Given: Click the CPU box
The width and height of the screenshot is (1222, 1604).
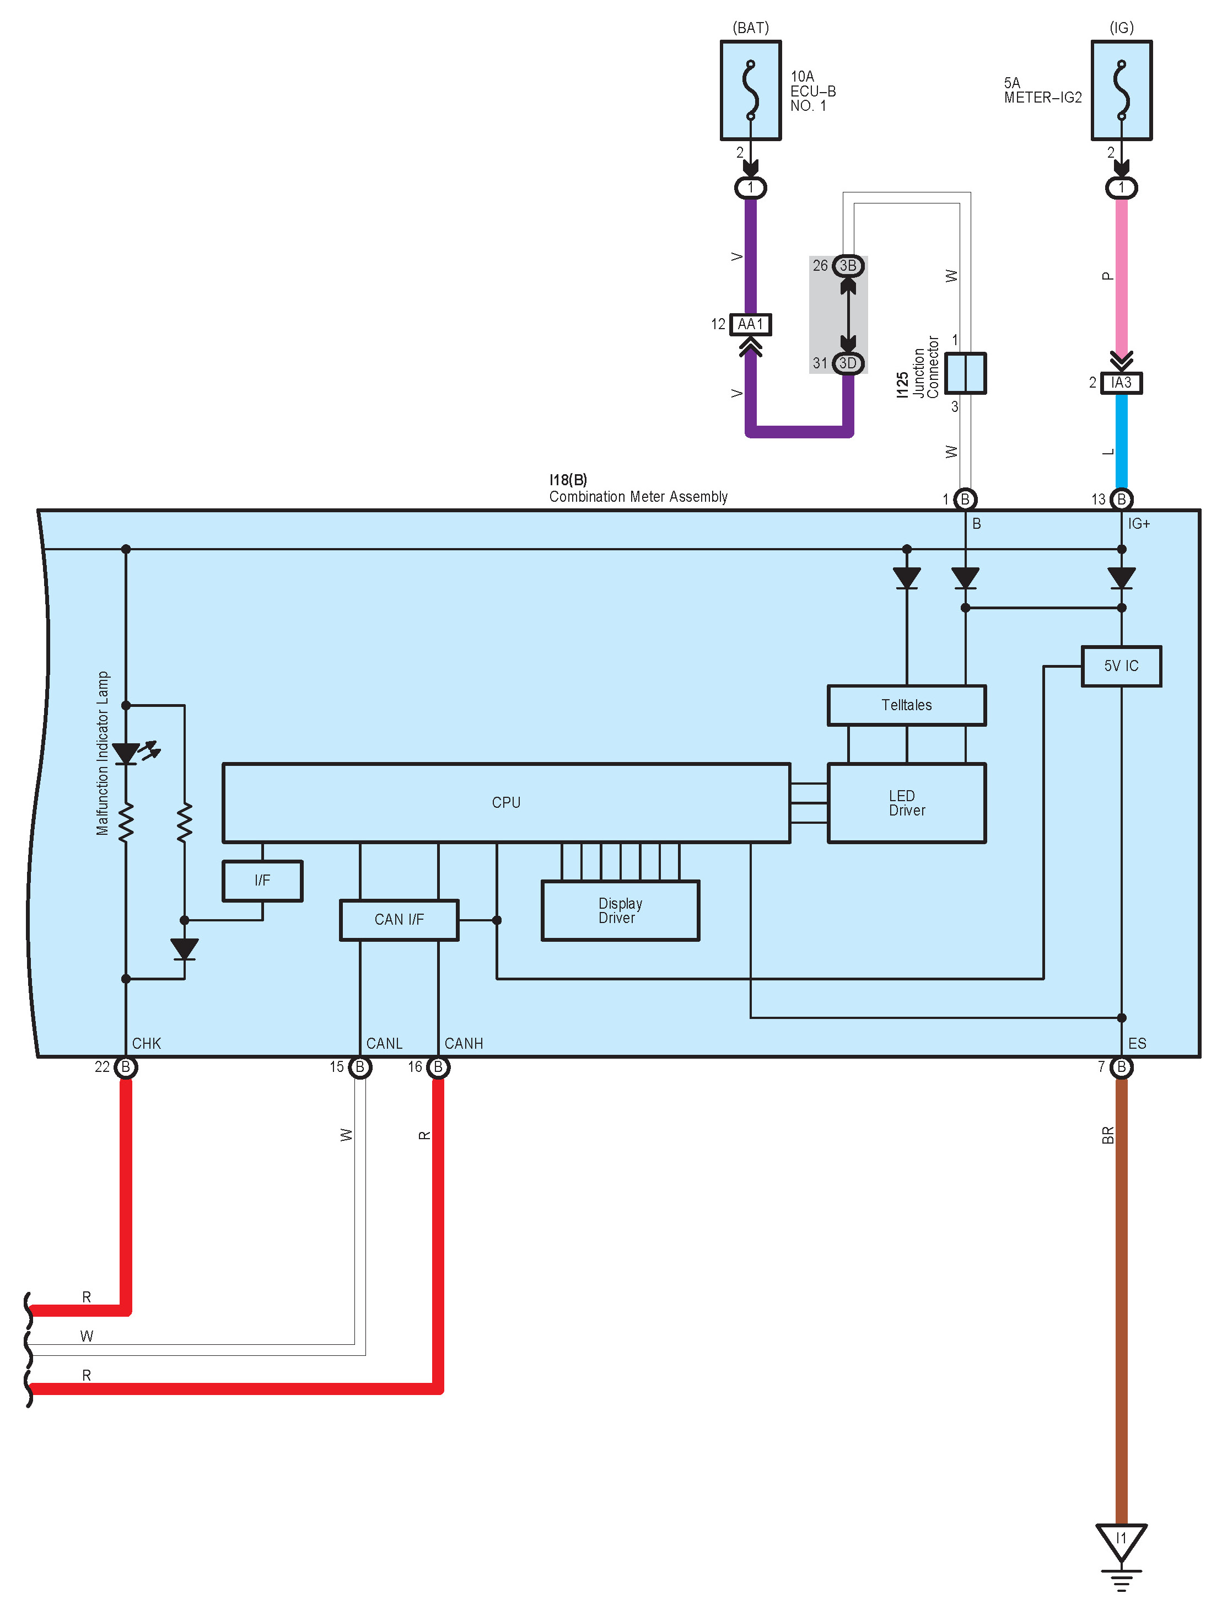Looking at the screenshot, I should pyautogui.click(x=505, y=802).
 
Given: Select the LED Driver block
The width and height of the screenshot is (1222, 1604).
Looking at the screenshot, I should pyautogui.click(x=906, y=802).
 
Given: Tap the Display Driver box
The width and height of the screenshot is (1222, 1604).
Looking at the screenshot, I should pyautogui.click(x=620, y=910).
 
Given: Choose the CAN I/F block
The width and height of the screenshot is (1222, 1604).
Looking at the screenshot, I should pyautogui.click(x=399, y=920).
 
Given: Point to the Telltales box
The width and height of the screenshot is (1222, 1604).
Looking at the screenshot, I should pyautogui.click(x=906, y=705).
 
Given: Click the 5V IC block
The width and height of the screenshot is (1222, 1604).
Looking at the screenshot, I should pyautogui.click(x=1121, y=666).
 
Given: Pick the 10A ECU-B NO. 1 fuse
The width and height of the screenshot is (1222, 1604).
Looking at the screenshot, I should pyautogui.click(x=751, y=90).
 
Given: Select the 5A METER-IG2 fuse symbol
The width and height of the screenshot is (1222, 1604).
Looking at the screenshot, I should pyautogui.click(x=1121, y=90).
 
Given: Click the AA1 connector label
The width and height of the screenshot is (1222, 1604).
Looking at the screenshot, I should pyautogui.click(x=751, y=324).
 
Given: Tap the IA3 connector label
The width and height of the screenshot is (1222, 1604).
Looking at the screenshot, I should pyautogui.click(x=1121, y=383).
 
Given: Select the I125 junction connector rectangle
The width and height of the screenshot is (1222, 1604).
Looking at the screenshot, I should pyautogui.click(x=966, y=373).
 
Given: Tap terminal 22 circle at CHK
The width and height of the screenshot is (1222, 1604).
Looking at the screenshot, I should pyautogui.click(x=126, y=1067).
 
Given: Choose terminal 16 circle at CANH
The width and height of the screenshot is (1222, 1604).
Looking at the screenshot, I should pyautogui.click(x=438, y=1067).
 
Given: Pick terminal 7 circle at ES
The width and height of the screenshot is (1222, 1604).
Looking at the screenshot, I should pyautogui.click(x=1121, y=1067).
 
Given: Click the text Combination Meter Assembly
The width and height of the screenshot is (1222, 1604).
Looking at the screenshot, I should pyautogui.click(x=638, y=497).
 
